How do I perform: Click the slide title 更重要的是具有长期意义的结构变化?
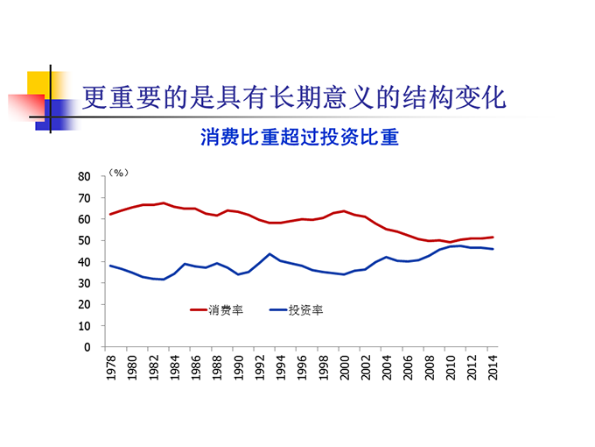tap(294, 97)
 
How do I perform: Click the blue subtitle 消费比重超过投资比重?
tap(299, 138)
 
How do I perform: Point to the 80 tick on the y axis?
tap(85, 176)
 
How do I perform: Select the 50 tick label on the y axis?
tap(85, 240)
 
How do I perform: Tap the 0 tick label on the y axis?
tap(87, 347)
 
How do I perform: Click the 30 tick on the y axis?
tap(85, 283)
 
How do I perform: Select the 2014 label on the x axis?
tap(493, 368)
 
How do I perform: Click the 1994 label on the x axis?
tap(281, 368)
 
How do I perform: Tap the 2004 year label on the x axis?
tap(388, 368)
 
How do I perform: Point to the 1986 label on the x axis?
tap(196, 368)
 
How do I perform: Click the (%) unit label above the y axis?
tap(119, 174)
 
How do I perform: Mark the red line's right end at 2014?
tap(493, 237)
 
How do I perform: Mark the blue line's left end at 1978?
tap(111, 266)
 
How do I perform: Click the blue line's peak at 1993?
tap(270, 254)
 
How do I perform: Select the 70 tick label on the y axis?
tap(85, 197)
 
